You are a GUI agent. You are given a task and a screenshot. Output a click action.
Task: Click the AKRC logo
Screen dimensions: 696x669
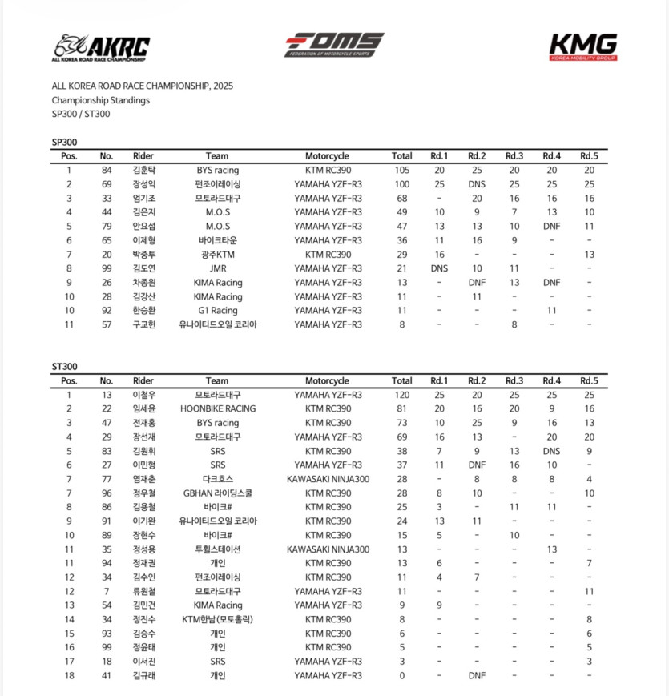101,48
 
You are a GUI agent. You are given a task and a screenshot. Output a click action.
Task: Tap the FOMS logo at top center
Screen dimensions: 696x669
334,45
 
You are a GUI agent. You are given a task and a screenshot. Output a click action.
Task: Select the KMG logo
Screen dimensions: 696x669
583,46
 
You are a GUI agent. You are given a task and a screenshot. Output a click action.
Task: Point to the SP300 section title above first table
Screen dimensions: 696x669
65,142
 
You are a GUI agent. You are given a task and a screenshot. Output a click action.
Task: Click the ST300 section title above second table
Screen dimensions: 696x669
65,367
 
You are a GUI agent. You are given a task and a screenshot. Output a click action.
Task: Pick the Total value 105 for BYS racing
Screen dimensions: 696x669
401,170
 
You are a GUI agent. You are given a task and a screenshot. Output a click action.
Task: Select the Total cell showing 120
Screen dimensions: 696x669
401,395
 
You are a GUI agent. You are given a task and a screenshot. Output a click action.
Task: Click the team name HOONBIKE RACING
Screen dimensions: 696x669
217,408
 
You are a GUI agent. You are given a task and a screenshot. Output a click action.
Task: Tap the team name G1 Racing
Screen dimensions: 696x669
217,311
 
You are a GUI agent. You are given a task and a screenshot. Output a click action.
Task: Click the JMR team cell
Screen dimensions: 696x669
217,268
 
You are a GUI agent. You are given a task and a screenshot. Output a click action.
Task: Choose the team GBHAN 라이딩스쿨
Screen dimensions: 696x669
217,493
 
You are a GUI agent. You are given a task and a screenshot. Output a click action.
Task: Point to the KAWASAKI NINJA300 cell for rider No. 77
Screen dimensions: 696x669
327,479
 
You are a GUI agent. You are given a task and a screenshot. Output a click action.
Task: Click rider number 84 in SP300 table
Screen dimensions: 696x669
107,170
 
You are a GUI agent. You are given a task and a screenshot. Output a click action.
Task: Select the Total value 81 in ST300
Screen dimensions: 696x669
401,408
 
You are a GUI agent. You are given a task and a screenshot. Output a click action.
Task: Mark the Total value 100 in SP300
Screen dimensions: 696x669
401,184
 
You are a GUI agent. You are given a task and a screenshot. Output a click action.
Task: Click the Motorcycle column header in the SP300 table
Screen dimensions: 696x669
327,156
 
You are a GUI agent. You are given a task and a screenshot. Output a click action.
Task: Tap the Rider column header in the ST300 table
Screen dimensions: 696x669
143,380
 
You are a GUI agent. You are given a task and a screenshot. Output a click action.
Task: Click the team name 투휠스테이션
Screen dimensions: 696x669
217,549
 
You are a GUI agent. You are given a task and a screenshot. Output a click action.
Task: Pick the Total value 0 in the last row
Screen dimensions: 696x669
401,675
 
